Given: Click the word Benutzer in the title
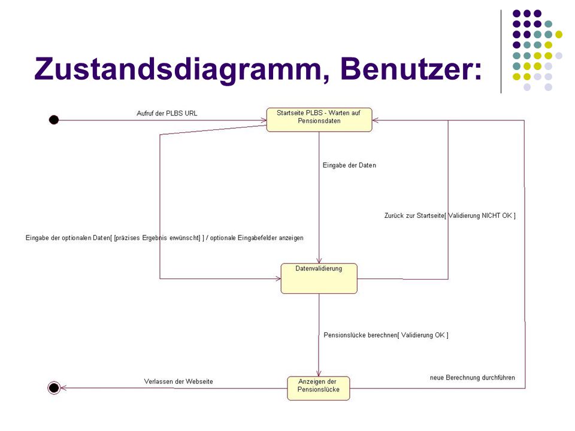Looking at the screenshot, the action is (411, 68).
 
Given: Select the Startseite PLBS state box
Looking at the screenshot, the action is (319, 120).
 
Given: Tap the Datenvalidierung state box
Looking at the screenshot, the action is (319, 278).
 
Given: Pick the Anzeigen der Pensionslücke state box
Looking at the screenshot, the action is (318, 388).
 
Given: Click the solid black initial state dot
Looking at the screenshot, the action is (54, 120).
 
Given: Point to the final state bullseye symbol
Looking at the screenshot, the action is (54, 387).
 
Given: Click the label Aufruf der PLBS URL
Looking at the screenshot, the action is (167, 113).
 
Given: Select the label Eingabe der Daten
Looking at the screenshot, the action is (349, 165).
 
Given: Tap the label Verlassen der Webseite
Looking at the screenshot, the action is (178, 381).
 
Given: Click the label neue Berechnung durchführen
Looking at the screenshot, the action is (473, 378).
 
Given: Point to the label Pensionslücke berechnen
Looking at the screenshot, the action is (361, 335).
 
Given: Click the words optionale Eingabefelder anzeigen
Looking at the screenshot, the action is (257, 238).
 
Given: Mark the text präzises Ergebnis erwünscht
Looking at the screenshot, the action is (158, 238).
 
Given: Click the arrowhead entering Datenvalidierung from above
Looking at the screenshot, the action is (319, 260).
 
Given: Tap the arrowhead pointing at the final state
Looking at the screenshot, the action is (63, 388).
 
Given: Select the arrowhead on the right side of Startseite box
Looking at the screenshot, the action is (376, 120).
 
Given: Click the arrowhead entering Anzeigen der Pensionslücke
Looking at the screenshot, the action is (319, 374).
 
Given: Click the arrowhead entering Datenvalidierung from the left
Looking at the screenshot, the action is (278, 278).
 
